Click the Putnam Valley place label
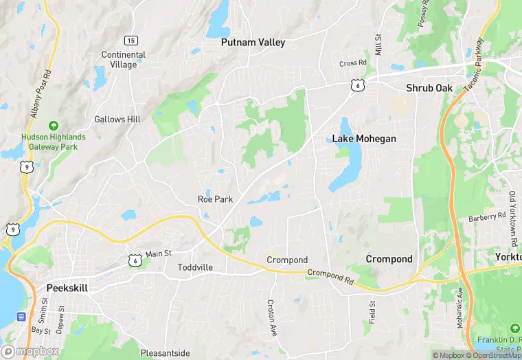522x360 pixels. click(x=253, y=42)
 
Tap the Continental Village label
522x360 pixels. click(x=124, y=60)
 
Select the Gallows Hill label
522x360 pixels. click(x=117, y=119)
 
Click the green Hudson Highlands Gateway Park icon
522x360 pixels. click(x=53, y=126)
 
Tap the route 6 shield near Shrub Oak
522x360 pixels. click(x=356, y=85)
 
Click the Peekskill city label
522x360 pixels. click(x=67, y=288)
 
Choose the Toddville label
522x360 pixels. click(x=195, y=267)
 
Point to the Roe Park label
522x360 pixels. click(x=215, y=199)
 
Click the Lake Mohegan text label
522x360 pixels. click(x=364, y=139)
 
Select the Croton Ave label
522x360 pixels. click(x=271, y=313)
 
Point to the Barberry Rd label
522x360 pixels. click(x=487, y=217)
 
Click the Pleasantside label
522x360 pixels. click(x=165, y=353)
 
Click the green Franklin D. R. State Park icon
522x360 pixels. click(x=514, y=329)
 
